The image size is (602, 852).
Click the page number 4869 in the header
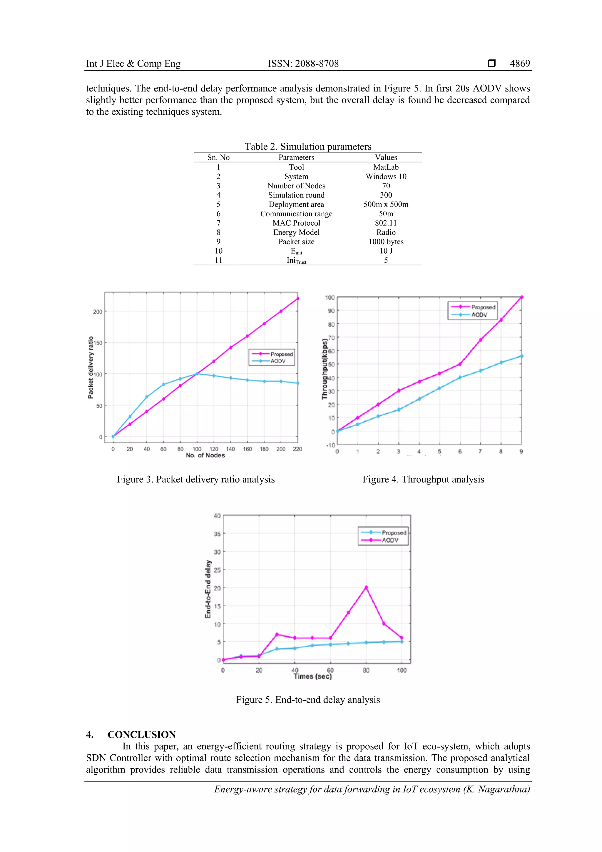click(x=520, y=64)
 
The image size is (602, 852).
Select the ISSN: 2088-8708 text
click(x=303, y=64)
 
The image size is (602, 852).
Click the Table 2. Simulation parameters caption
click(x=308, y=147)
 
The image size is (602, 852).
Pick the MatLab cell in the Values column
click(x=386, y=167)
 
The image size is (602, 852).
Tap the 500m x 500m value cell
click(x=386, y=204)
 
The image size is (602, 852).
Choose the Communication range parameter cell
click(x=296, y=214)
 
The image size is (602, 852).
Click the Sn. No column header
click(x=218, y=157)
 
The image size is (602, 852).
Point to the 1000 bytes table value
click(x=386, y=242)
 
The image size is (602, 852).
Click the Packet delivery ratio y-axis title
click(x=91, y=367)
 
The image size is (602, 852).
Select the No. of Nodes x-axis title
click(x=205, y=455)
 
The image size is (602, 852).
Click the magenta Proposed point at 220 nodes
click(x=298, y=298)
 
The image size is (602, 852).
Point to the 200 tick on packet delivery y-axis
click(x=98, y=312)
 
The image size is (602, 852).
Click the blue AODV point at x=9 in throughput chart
click(x=521, y=356)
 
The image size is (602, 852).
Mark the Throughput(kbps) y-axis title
click(x=325, y=369)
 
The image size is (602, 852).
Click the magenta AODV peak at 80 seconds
click(x=366, y=588)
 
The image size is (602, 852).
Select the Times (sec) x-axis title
click(x=312, y=676)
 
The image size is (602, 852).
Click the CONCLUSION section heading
click(x=142, y=735)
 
